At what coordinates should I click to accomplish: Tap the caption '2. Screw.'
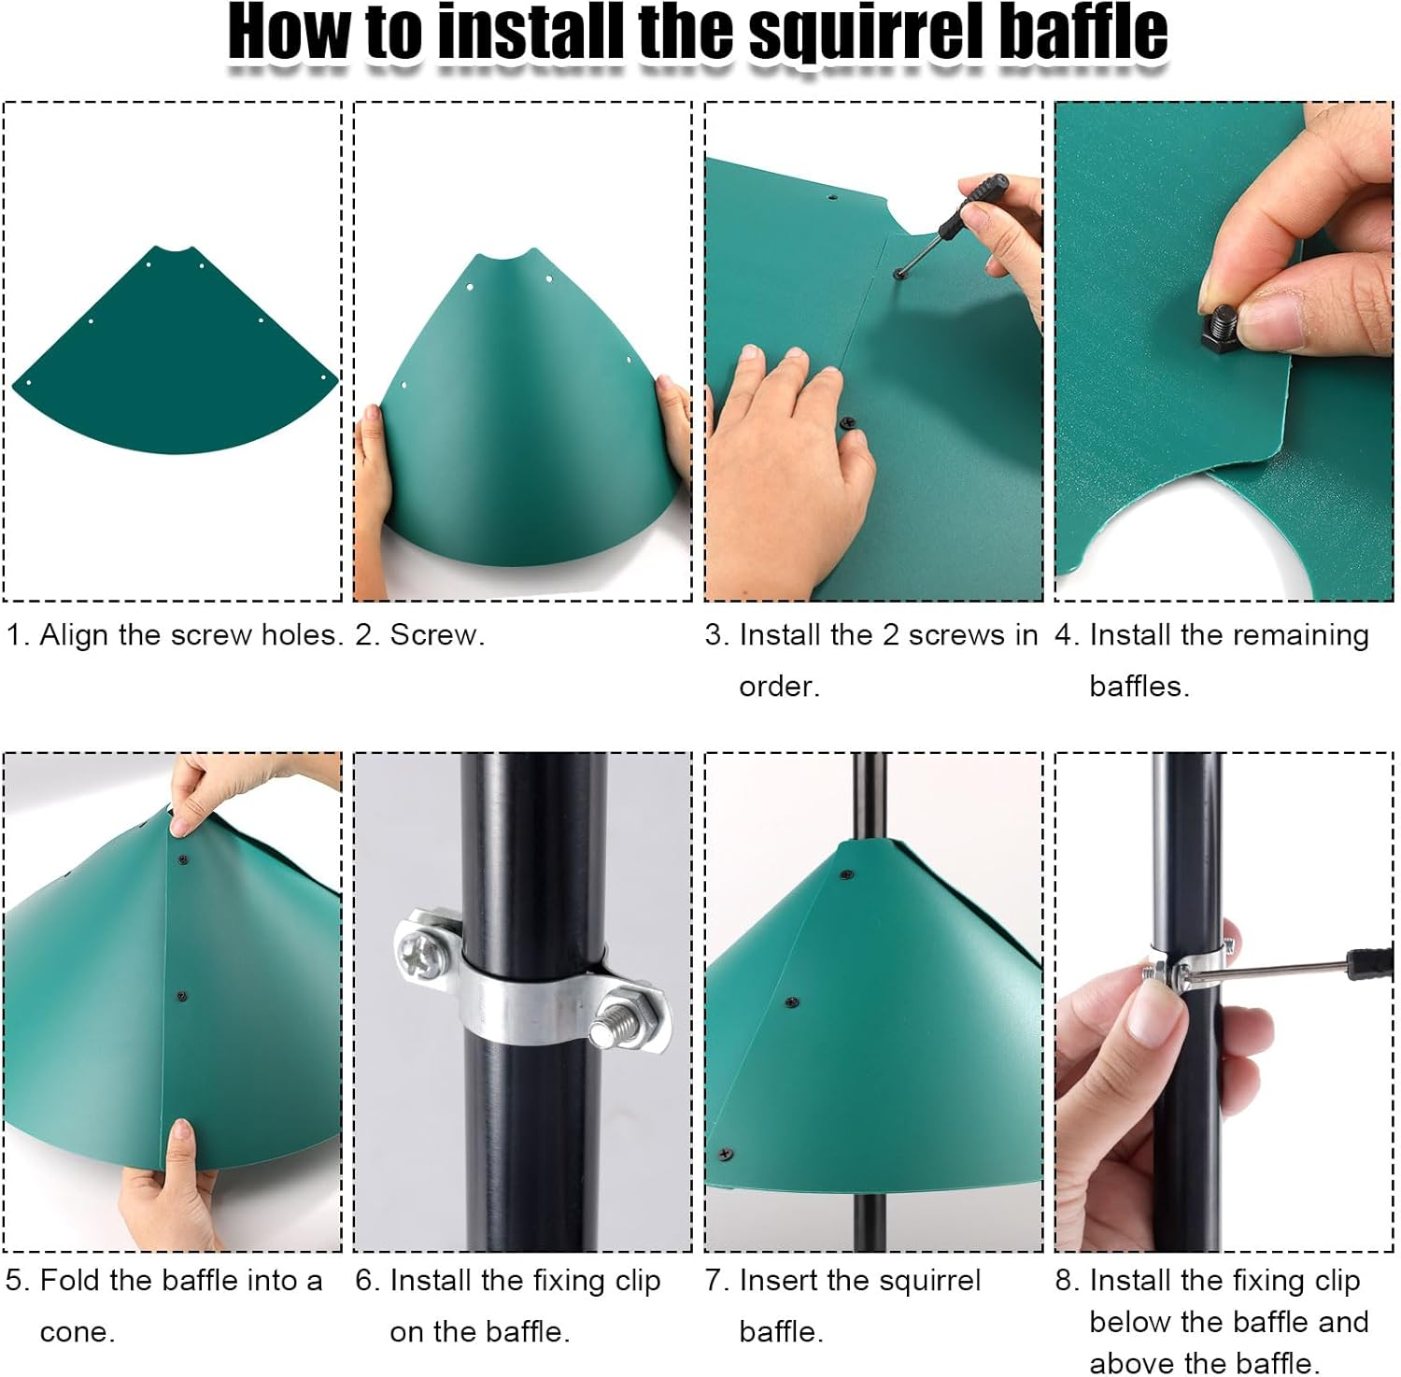pyautogui.click(x=420, y=635)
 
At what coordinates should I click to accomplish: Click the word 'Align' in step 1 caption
pyautogui.click(x=75, y=635)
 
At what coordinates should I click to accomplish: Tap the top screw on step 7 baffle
pyautogui.click(x=846, y=875)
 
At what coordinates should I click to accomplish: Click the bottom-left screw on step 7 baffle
pyautogui.click(x=726, y=1155)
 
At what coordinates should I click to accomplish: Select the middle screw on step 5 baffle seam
pyautogui.click(x=182, y=997)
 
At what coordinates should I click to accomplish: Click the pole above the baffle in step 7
pyautogui.click(x=870, y=794)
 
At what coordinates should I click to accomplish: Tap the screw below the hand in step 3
pyautogui.click(x=848, y=422)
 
